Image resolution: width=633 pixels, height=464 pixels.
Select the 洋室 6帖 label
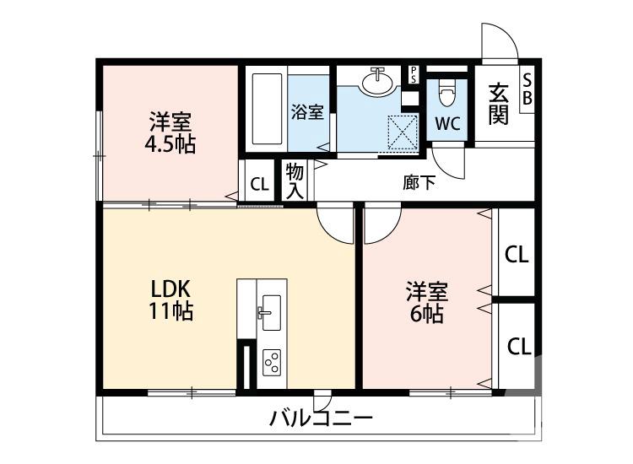pyautogui.click(x=425, y=304)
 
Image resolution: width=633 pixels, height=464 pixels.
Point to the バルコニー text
pyautogui.click(x=321, y=418)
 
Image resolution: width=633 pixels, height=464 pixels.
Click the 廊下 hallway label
pyautogui.click(x=419, y=182)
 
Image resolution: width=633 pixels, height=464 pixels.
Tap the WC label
pyautogui.click(x=447, y=124)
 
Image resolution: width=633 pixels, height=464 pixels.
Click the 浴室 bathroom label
pyautogui.click(x=307, y=111)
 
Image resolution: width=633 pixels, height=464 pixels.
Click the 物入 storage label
pyautogui.click(x=295, y=181)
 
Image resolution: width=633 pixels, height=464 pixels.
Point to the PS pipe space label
pyautogui.click(x=414, y=73)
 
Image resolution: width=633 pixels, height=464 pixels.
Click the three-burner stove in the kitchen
pyautogui.click(x=272, y=361)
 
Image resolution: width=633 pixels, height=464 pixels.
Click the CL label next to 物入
pyautogui.click(x=260, y=184)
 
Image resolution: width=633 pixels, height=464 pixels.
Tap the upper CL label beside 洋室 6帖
pyautogui.click(x=516, y=255)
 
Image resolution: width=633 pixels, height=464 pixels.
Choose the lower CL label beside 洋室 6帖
pyautogui.click(x=518, y=346)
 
